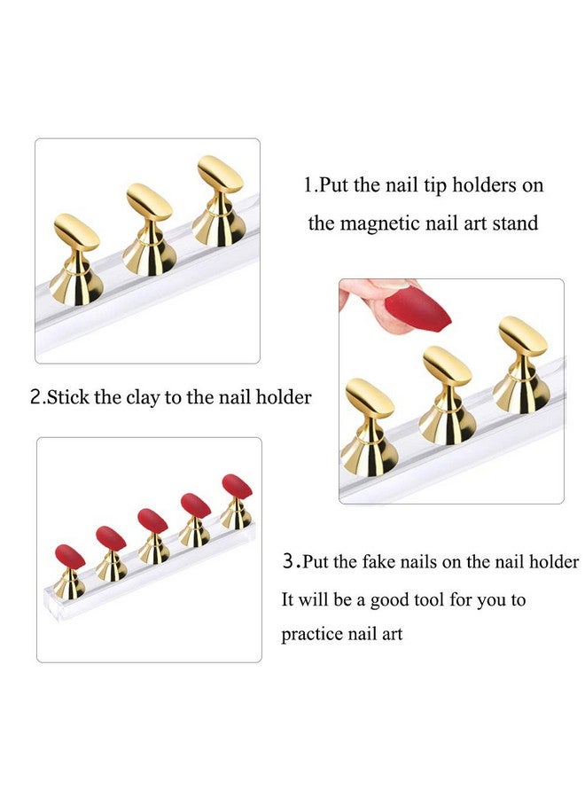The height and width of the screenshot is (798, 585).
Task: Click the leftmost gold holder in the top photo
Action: click(x=74, y=259)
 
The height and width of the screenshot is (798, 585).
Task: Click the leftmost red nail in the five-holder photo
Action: click(x=70, y=557)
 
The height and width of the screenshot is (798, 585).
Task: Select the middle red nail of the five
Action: click(x=152, y=520)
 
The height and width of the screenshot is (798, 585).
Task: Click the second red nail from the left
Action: click(x=111, y=537)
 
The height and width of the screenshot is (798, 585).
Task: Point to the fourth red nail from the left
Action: click(x=196, y=505)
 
